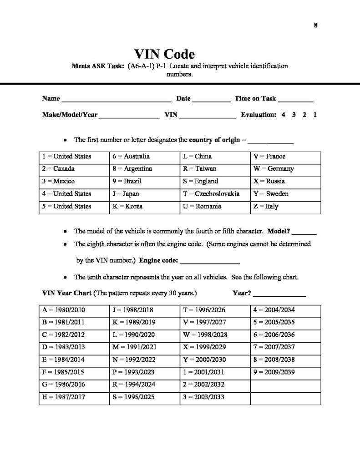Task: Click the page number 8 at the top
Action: coord(315,25)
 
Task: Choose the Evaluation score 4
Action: coord(284,115)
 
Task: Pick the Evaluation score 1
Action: coord(315,115)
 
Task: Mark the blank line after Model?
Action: coord(306,233)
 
